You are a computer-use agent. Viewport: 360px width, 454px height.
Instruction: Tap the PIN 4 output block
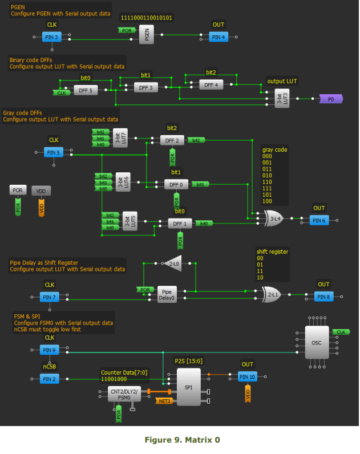tap(218, 37)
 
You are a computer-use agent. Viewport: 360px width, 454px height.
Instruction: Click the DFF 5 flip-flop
tap(86, 90)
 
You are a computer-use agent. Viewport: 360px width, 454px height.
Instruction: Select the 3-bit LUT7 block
tap(120, 138)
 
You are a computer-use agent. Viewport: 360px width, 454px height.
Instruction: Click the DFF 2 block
tap(172, 140)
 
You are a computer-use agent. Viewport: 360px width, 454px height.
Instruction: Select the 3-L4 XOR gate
tap(274, 218)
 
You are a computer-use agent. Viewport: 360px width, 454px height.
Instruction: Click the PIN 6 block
tap(318, 220)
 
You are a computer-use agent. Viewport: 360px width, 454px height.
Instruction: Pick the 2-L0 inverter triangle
tap(171, 263)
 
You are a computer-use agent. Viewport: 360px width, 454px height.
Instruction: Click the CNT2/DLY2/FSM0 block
tap(124, 394)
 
